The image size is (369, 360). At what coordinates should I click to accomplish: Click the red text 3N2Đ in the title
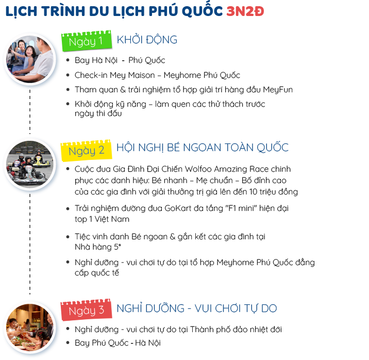[x=245, y=12]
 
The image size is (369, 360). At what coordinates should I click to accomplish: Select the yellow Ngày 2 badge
[x=86, y=150]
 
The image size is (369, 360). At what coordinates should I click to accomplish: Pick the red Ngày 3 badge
[x=86, y=310]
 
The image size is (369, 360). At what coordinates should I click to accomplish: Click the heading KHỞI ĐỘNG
[x=147, y=40]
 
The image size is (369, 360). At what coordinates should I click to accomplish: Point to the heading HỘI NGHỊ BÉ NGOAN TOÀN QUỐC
[x=202, y=148]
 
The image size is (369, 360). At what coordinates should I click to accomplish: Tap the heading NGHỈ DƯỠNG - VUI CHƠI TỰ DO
[x=196, y=308]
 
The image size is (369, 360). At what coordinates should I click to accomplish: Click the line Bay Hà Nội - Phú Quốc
[x=120, y=60]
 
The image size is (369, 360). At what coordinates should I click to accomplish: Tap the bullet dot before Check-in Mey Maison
[x=69, y=75]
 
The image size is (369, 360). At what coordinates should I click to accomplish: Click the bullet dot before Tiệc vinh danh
[x=69, y=236]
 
